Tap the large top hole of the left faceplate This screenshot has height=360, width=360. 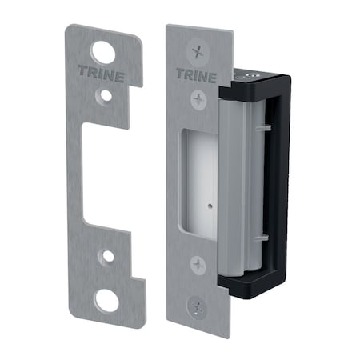pyautogui.click(x=102, y=52)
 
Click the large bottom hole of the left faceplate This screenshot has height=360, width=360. pyautogui.click(x=107, y=301)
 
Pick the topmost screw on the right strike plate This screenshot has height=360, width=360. pyautogui.click(x=195, y=50)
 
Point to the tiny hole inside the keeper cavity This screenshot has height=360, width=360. pyautogui.click(x=206, y=204)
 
